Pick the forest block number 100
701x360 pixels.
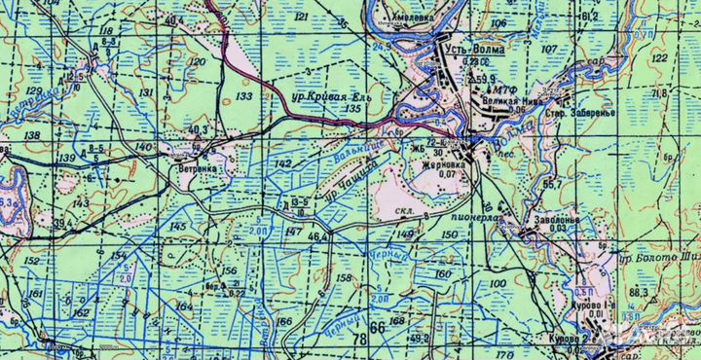pos(498,283)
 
